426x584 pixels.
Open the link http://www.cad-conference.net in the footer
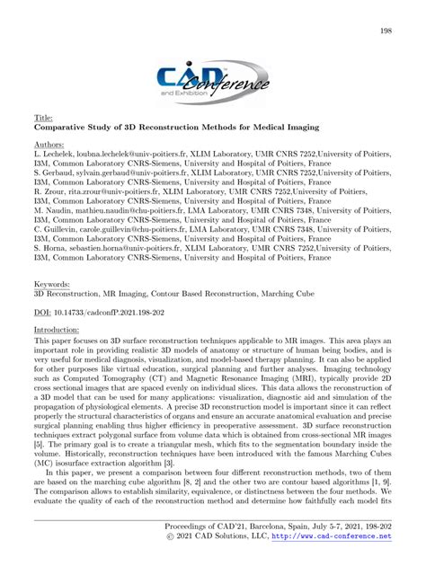(x=332, y=562)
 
